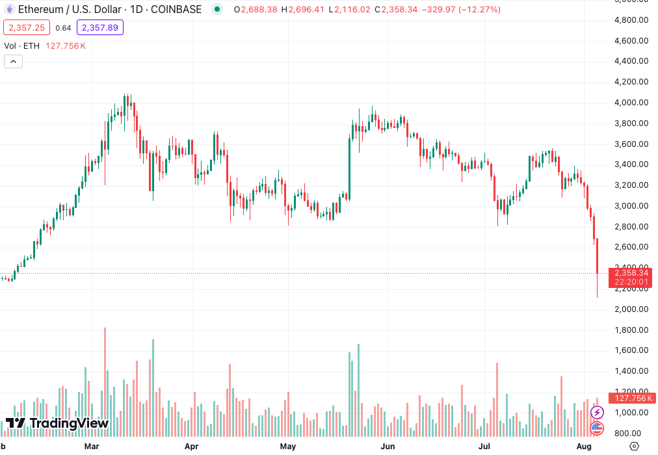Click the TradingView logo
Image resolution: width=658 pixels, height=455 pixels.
coord(57,423)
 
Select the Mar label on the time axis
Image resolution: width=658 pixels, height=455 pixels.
coord(92,447)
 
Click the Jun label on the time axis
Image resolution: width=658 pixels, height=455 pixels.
coord(388,447)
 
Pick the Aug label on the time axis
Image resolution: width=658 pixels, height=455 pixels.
coord(584,447)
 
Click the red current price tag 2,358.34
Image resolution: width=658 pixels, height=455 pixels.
coord(631,273)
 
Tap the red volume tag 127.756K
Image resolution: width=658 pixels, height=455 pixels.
coord(631,398)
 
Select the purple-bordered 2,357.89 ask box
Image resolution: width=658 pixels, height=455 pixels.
coord(99,28)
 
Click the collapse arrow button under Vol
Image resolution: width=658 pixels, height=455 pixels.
coord(14,62)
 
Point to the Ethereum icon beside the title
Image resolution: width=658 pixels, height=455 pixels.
coord(9,10)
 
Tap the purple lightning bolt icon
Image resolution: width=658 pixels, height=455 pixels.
coord(597,412)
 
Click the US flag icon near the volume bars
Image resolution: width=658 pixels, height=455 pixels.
coord(597,428)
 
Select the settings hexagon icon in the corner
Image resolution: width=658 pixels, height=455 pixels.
coord(635,446)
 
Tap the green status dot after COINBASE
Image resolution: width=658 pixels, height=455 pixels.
coord(217,10)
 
